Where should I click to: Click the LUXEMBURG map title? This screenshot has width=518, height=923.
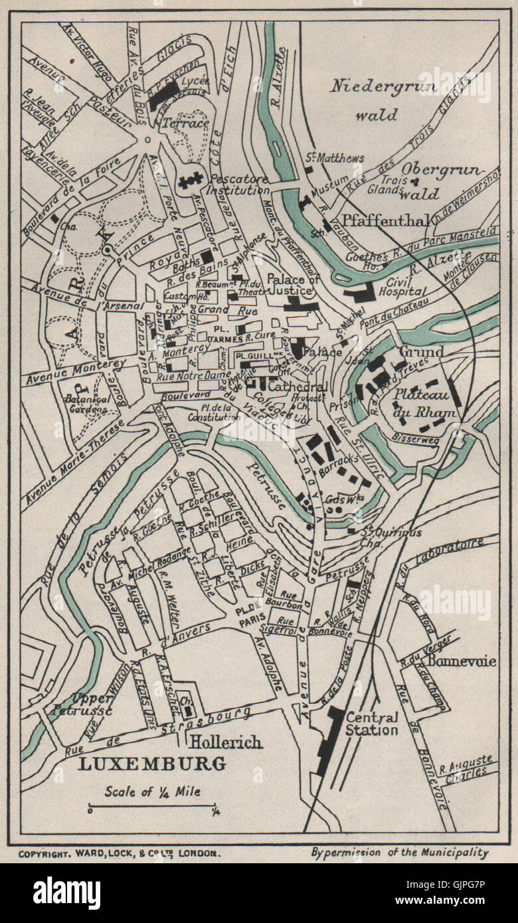pos(152,763)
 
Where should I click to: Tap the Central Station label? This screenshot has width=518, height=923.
pos(372,724)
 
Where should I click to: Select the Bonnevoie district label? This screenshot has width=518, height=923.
pos(462,661)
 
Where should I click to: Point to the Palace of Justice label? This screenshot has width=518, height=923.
pos(293,284)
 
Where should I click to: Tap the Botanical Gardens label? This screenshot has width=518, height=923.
pos(86,404)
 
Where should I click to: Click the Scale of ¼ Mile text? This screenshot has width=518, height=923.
pos(152,791)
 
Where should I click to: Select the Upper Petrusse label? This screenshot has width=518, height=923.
pos(80,705)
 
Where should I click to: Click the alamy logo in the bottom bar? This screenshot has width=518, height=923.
pos(66,892)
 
